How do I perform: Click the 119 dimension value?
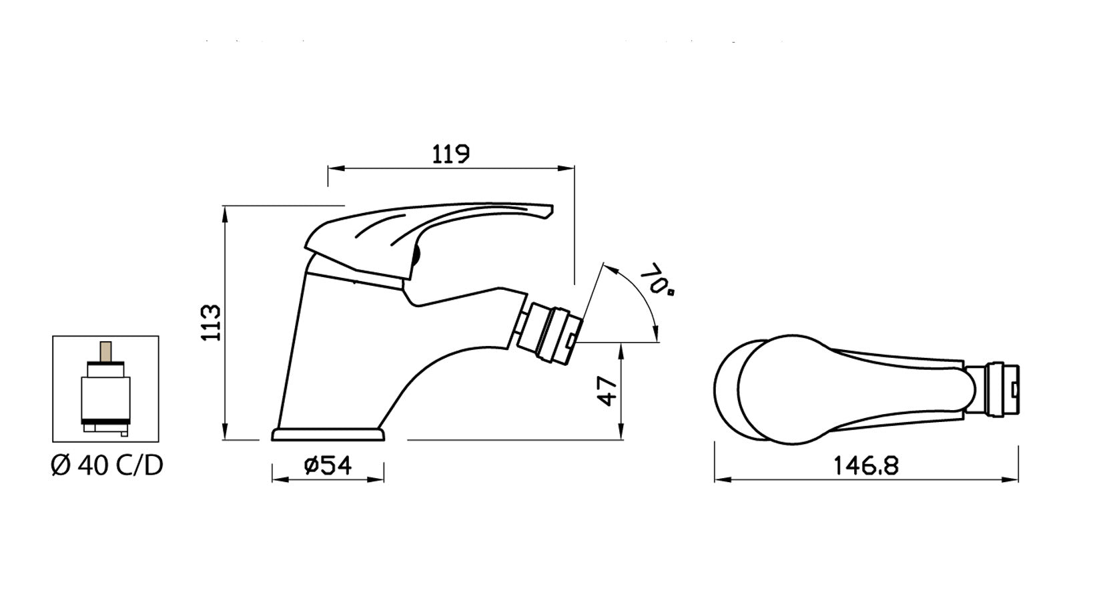tap(450, 154)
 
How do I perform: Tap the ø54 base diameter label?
tap(328, 465)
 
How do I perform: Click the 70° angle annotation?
tap(657, 279)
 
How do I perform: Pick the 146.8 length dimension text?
tap(866, 465)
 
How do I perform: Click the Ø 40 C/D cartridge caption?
tap(107, 465)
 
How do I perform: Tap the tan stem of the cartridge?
tap(105, 351)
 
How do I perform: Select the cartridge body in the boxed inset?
tap(105, 399)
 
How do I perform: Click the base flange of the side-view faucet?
tap(328, 435)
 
